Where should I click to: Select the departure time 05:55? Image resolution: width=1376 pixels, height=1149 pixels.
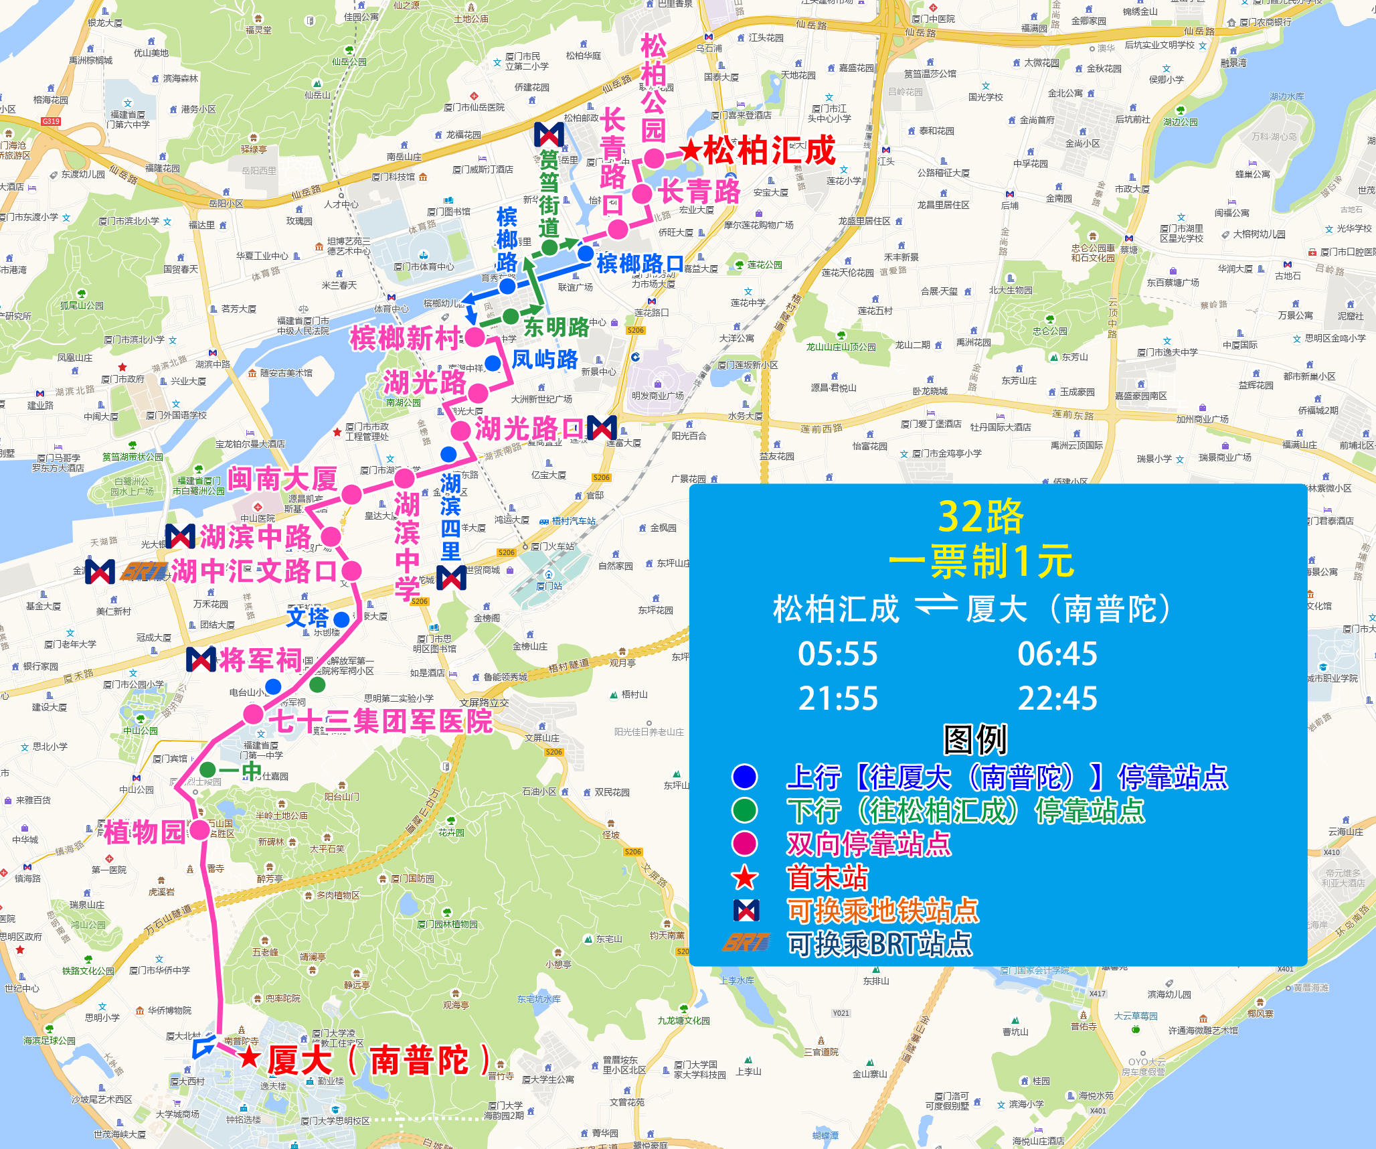click(837, 654)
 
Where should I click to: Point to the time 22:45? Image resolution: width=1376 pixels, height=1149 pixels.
click(1057, 699)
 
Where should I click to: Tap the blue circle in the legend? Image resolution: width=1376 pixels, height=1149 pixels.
click(744, 777)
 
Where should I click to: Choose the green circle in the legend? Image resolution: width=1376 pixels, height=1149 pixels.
click(744, 810)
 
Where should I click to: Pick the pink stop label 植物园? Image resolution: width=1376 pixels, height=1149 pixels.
click(145, 832)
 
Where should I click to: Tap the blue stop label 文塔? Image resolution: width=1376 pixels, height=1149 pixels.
click(308, 617)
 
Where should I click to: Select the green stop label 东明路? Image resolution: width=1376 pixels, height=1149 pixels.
click(556, 327)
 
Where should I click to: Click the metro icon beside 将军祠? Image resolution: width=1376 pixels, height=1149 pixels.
click(201, 660)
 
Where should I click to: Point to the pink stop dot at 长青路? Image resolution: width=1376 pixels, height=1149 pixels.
click(642, 194)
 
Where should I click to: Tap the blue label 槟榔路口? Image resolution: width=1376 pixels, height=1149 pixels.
click(640, 263)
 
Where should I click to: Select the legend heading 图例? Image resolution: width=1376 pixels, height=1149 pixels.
click(975, 740)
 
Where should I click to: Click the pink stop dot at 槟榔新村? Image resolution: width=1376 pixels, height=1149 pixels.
click(475, 337)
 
